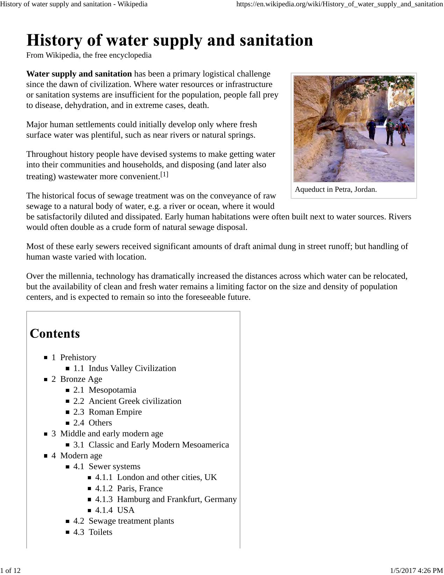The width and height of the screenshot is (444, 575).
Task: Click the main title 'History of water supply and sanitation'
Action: pyautogui.click(x=170, y=41)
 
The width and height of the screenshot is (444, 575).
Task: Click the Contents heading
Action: pyautogui.click(x=55, y=334)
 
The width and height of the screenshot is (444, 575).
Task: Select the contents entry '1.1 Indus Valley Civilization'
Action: pyautogui.click(x=125, y=368)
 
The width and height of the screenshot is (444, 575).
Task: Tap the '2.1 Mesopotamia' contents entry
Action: pyautogui.click(x=105, y=390)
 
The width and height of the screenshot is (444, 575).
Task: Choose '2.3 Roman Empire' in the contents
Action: pyautogui.click(x=107, y=412)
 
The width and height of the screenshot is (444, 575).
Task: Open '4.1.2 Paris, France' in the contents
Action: pyautogui.click(x=129, y=488)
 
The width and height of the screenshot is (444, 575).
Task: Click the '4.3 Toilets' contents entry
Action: pyautogui.click(x=93, y=532)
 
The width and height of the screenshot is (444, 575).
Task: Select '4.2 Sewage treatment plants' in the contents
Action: pyautogui.click(x=124, y=521)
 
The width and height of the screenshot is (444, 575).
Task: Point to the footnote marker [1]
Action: pyautogui.click(x=164, y=174)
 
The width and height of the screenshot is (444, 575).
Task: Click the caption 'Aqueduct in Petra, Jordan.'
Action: pyautogui.click(x=336, y=190)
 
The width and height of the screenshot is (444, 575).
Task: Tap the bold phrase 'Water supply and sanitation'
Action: pyautogui.click(x=79, y=74)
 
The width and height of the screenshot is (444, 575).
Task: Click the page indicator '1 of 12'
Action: pyautogui.click(x=10, y=570)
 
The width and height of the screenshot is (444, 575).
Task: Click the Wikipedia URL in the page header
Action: pyautogui.click(x=339, y=4)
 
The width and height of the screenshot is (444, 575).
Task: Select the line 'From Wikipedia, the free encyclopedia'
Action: pyautogui.click(x=89, y=55)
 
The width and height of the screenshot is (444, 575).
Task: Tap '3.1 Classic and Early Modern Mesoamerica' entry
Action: pyautogui.click(x=151, y=445)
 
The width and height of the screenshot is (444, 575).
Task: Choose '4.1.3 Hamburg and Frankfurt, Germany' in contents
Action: pyautogui.click(x=166, y=499)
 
